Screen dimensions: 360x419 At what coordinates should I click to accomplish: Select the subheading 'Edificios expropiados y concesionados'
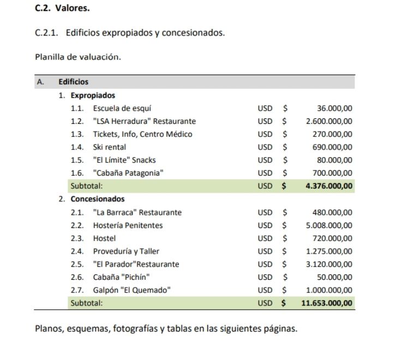[145, 33]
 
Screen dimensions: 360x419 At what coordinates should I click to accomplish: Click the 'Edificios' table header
[74, 82]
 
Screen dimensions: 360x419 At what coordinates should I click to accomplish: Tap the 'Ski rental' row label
[110, 147]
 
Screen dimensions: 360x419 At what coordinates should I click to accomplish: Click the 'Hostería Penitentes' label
[128, 225]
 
